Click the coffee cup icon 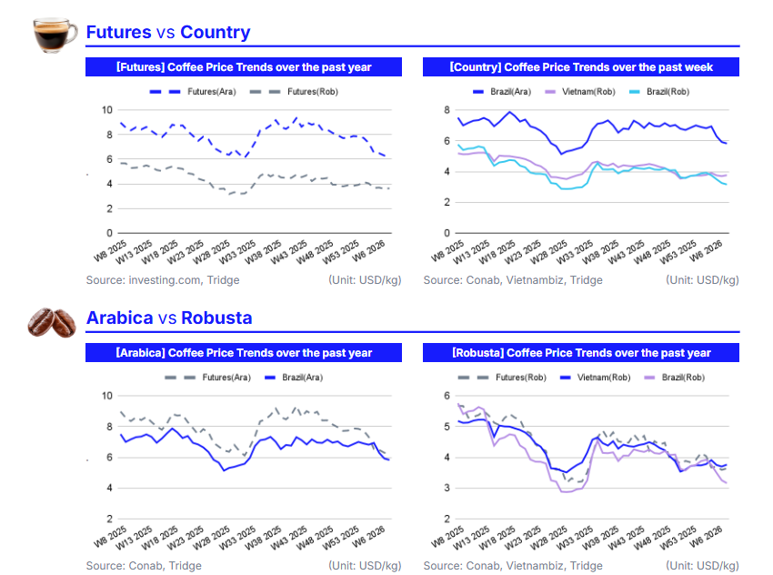(x=54, y=34)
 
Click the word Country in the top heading (x=215, y=33)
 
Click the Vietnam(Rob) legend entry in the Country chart (x=587, y=92)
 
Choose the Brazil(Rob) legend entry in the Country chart (x=663, y=92)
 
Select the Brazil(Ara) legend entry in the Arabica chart (x=295, y=377)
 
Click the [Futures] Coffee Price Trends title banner (x=244, y=67)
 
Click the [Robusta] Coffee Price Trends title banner (x=581, y=353)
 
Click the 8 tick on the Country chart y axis (x=447, y=110)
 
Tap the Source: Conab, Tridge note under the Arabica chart (x=144, y=566)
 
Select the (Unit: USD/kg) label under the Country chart (x=702, y=280)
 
